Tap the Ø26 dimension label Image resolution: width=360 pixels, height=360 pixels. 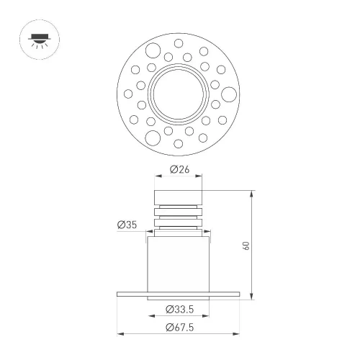(179, 170)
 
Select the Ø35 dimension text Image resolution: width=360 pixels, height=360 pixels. (127, 225)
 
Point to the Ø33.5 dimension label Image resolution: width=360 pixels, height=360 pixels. (179, 310)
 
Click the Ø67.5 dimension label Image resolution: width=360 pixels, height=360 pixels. (179, 328)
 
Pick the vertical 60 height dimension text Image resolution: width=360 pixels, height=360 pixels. (246, 245)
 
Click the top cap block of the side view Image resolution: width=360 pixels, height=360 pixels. (179, 197)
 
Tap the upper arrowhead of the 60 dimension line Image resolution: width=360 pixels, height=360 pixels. (252, 193)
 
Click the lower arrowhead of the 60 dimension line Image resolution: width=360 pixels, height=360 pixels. (252, 297)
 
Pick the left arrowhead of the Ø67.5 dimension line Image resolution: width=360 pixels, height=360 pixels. (120, 334)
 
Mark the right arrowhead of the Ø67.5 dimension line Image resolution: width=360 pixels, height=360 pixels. (239, 334)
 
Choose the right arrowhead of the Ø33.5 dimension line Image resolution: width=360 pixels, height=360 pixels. (208, 316)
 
